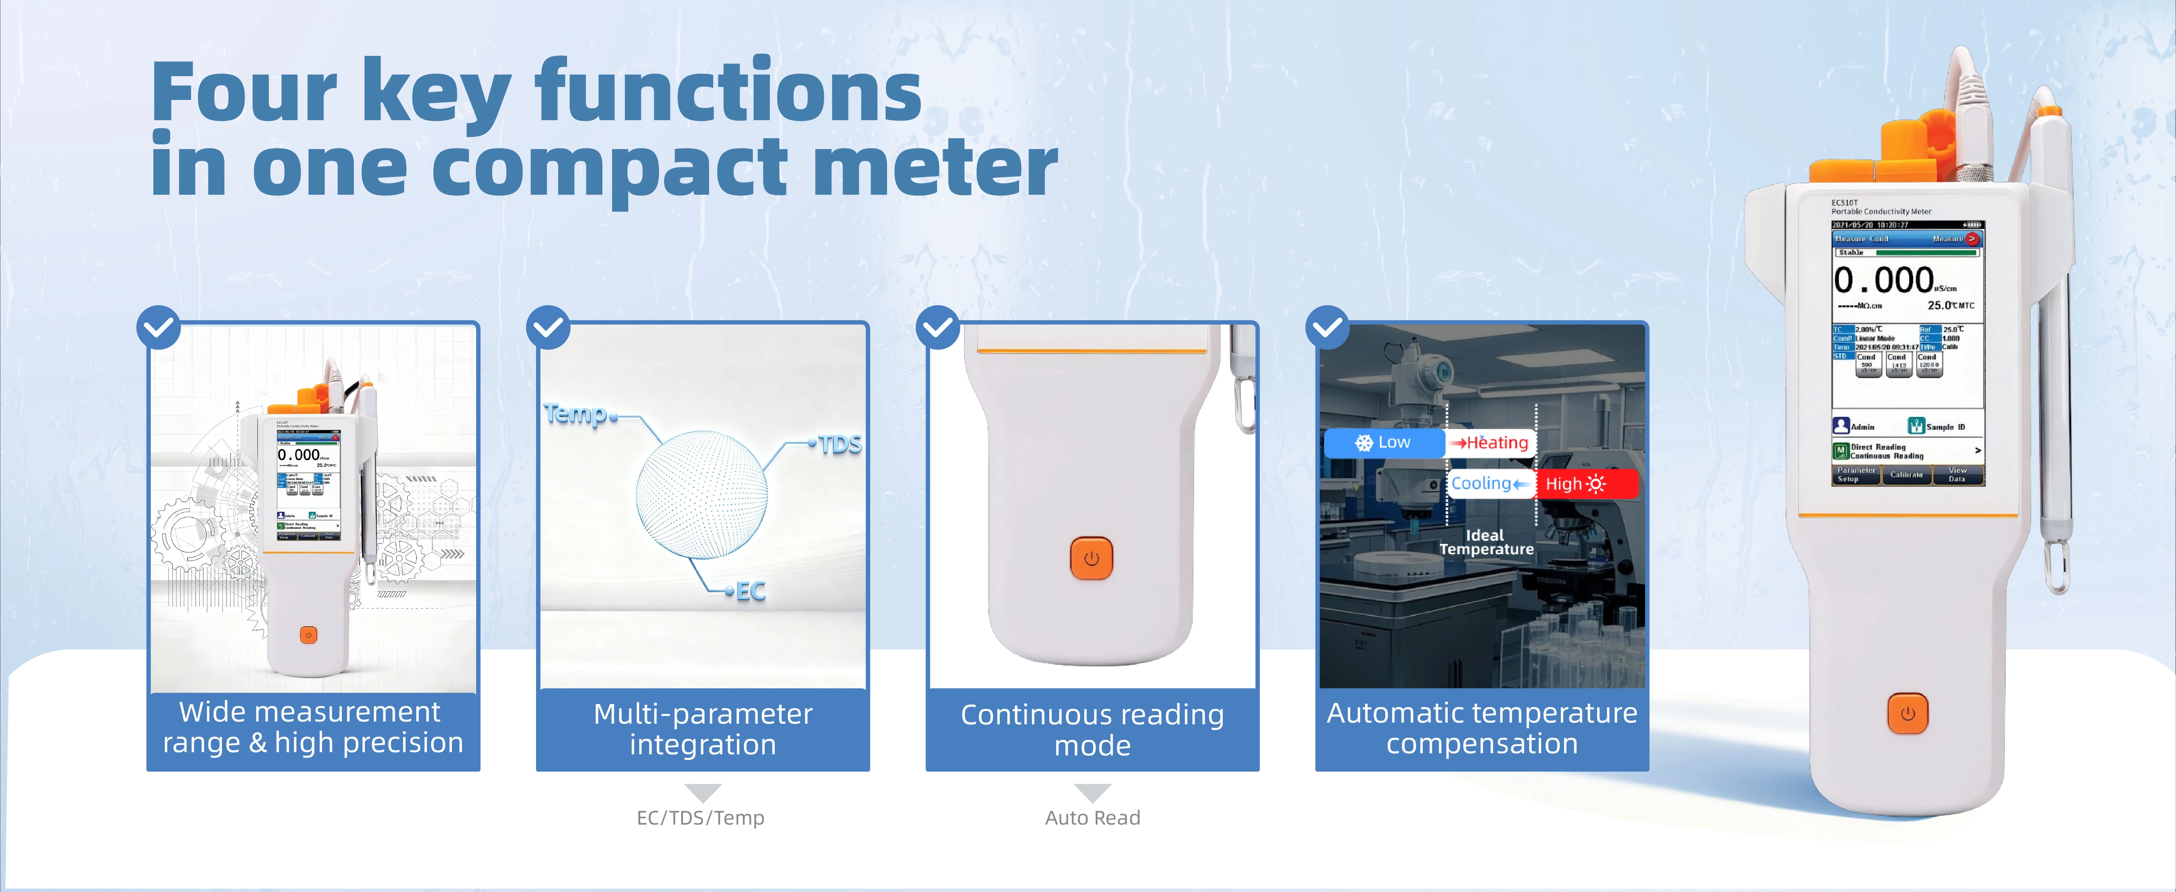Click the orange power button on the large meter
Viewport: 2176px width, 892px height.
point(1907,714)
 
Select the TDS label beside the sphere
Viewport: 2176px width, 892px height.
point(840,444)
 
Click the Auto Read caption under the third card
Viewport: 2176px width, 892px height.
point(1092,818)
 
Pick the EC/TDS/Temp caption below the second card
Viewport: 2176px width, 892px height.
point(700,818)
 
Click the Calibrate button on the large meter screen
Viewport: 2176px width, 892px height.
point(1906,475)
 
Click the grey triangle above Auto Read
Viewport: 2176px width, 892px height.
point(1092,791)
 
